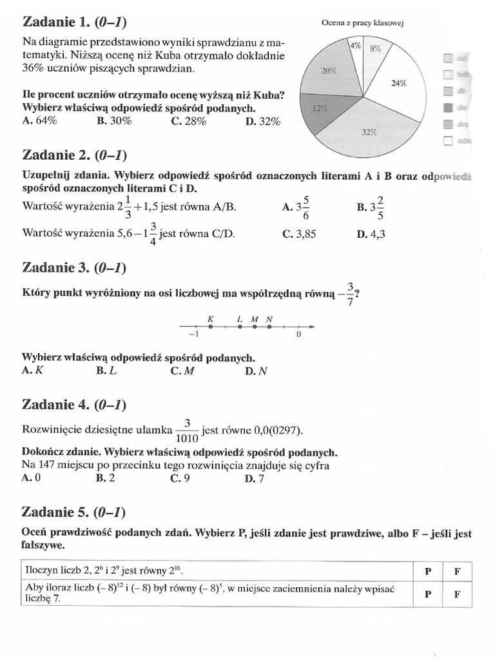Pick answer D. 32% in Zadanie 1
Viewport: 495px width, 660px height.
pyautogui.click(x=262, y=121)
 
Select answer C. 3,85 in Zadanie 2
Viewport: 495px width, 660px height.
pyautogui.click(x=299, y=235)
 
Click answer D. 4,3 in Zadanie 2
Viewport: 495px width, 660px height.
pyautogui.click(x=370, y=235)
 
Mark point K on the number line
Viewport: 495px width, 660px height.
pyautogui.click(x=209, y=327)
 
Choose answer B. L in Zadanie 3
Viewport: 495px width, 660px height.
pyautogui.click(x=106, y=370)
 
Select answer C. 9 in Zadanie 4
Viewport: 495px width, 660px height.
pyautogui.click(x=180, y=478)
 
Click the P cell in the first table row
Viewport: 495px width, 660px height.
pyautogui.click(x=427, y=571)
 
